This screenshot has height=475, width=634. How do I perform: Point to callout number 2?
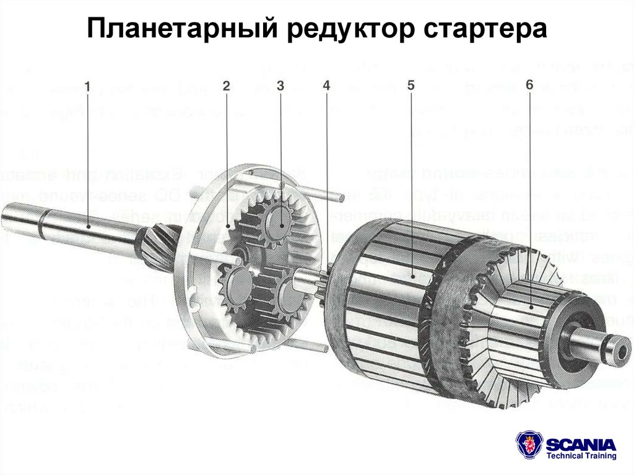pos(227,87)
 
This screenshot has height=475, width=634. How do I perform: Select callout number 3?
pos(280,86)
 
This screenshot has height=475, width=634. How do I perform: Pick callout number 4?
pos(326,87)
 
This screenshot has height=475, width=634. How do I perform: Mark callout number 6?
pos(529,84)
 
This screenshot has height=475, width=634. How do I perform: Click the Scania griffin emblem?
pos(529,446)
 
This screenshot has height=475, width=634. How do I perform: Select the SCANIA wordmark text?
pos(581,443)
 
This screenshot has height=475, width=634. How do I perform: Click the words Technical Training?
pos(581,456)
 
